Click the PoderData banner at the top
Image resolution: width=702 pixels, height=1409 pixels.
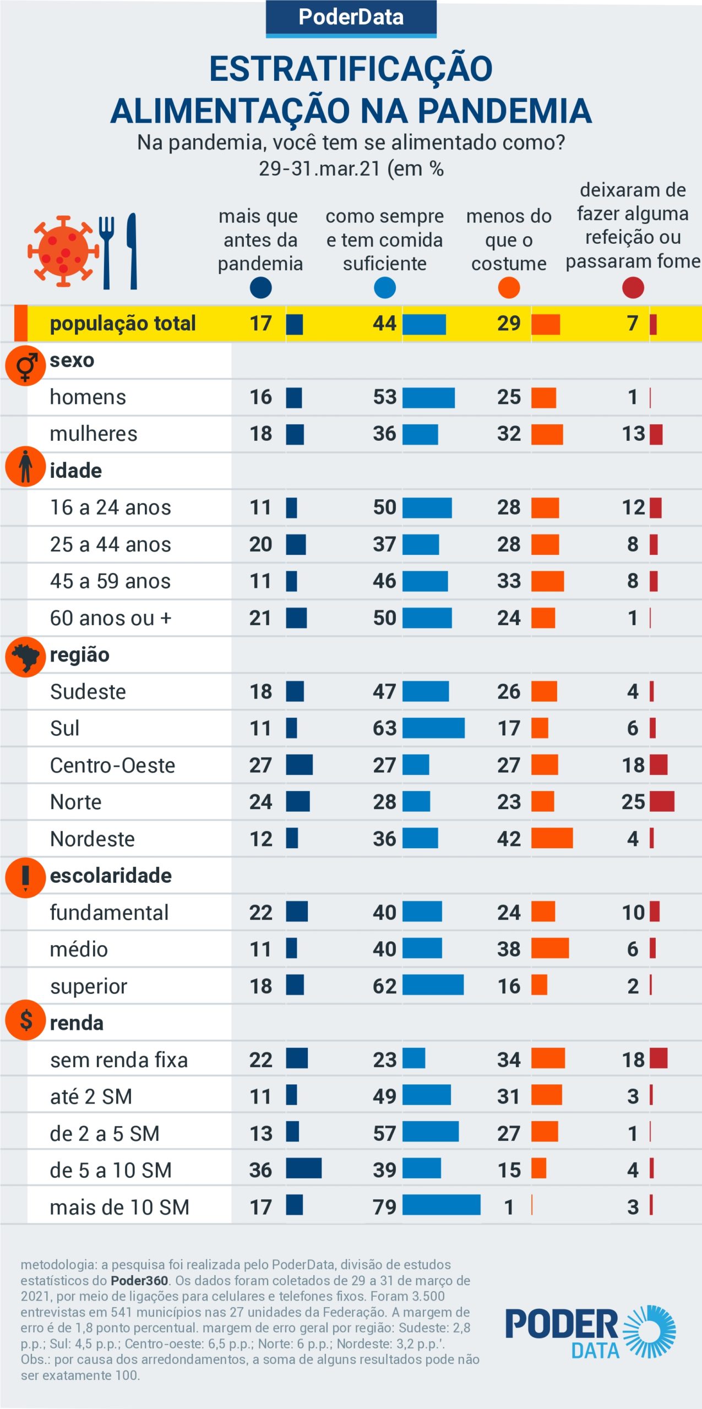pos(351,18)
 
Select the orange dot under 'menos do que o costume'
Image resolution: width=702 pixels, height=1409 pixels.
pos(509,288)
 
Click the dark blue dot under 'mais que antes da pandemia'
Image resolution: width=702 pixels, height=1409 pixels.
pos(260,288)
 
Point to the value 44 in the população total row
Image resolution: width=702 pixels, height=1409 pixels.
pos(384,324)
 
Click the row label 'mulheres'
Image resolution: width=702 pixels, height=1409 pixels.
pos(94,434)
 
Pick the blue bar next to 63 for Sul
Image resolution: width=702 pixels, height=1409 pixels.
pos(433,728)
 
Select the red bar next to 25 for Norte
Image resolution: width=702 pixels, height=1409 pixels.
pos(662,802)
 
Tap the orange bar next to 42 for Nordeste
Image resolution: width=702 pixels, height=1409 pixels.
pos(552,838)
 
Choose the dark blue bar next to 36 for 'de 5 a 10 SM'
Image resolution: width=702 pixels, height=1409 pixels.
pos(303,1169)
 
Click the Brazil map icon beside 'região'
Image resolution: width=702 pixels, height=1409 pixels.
pos(25,656)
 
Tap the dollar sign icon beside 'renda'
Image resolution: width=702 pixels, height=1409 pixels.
pos(25,1020)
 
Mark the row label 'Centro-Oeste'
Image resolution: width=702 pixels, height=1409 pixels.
pos(112,766)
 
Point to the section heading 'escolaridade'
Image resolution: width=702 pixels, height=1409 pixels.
pos(111,876)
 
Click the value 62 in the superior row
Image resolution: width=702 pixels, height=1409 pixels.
pos(384,986)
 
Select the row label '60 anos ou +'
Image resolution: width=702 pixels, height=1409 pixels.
pos(111,618)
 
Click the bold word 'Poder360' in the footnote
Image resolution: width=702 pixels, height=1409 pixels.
pos(139,1281)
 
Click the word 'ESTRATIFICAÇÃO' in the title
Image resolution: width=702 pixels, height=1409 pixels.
pos(351,69)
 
